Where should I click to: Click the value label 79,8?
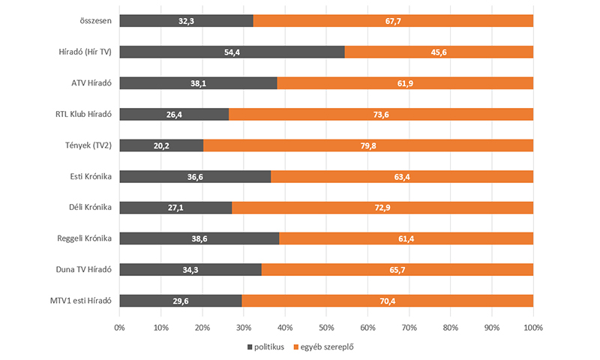368,145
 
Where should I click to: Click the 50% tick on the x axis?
326,328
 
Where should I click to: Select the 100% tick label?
532,328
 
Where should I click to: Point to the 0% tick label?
119,328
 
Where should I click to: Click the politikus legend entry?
265,347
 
